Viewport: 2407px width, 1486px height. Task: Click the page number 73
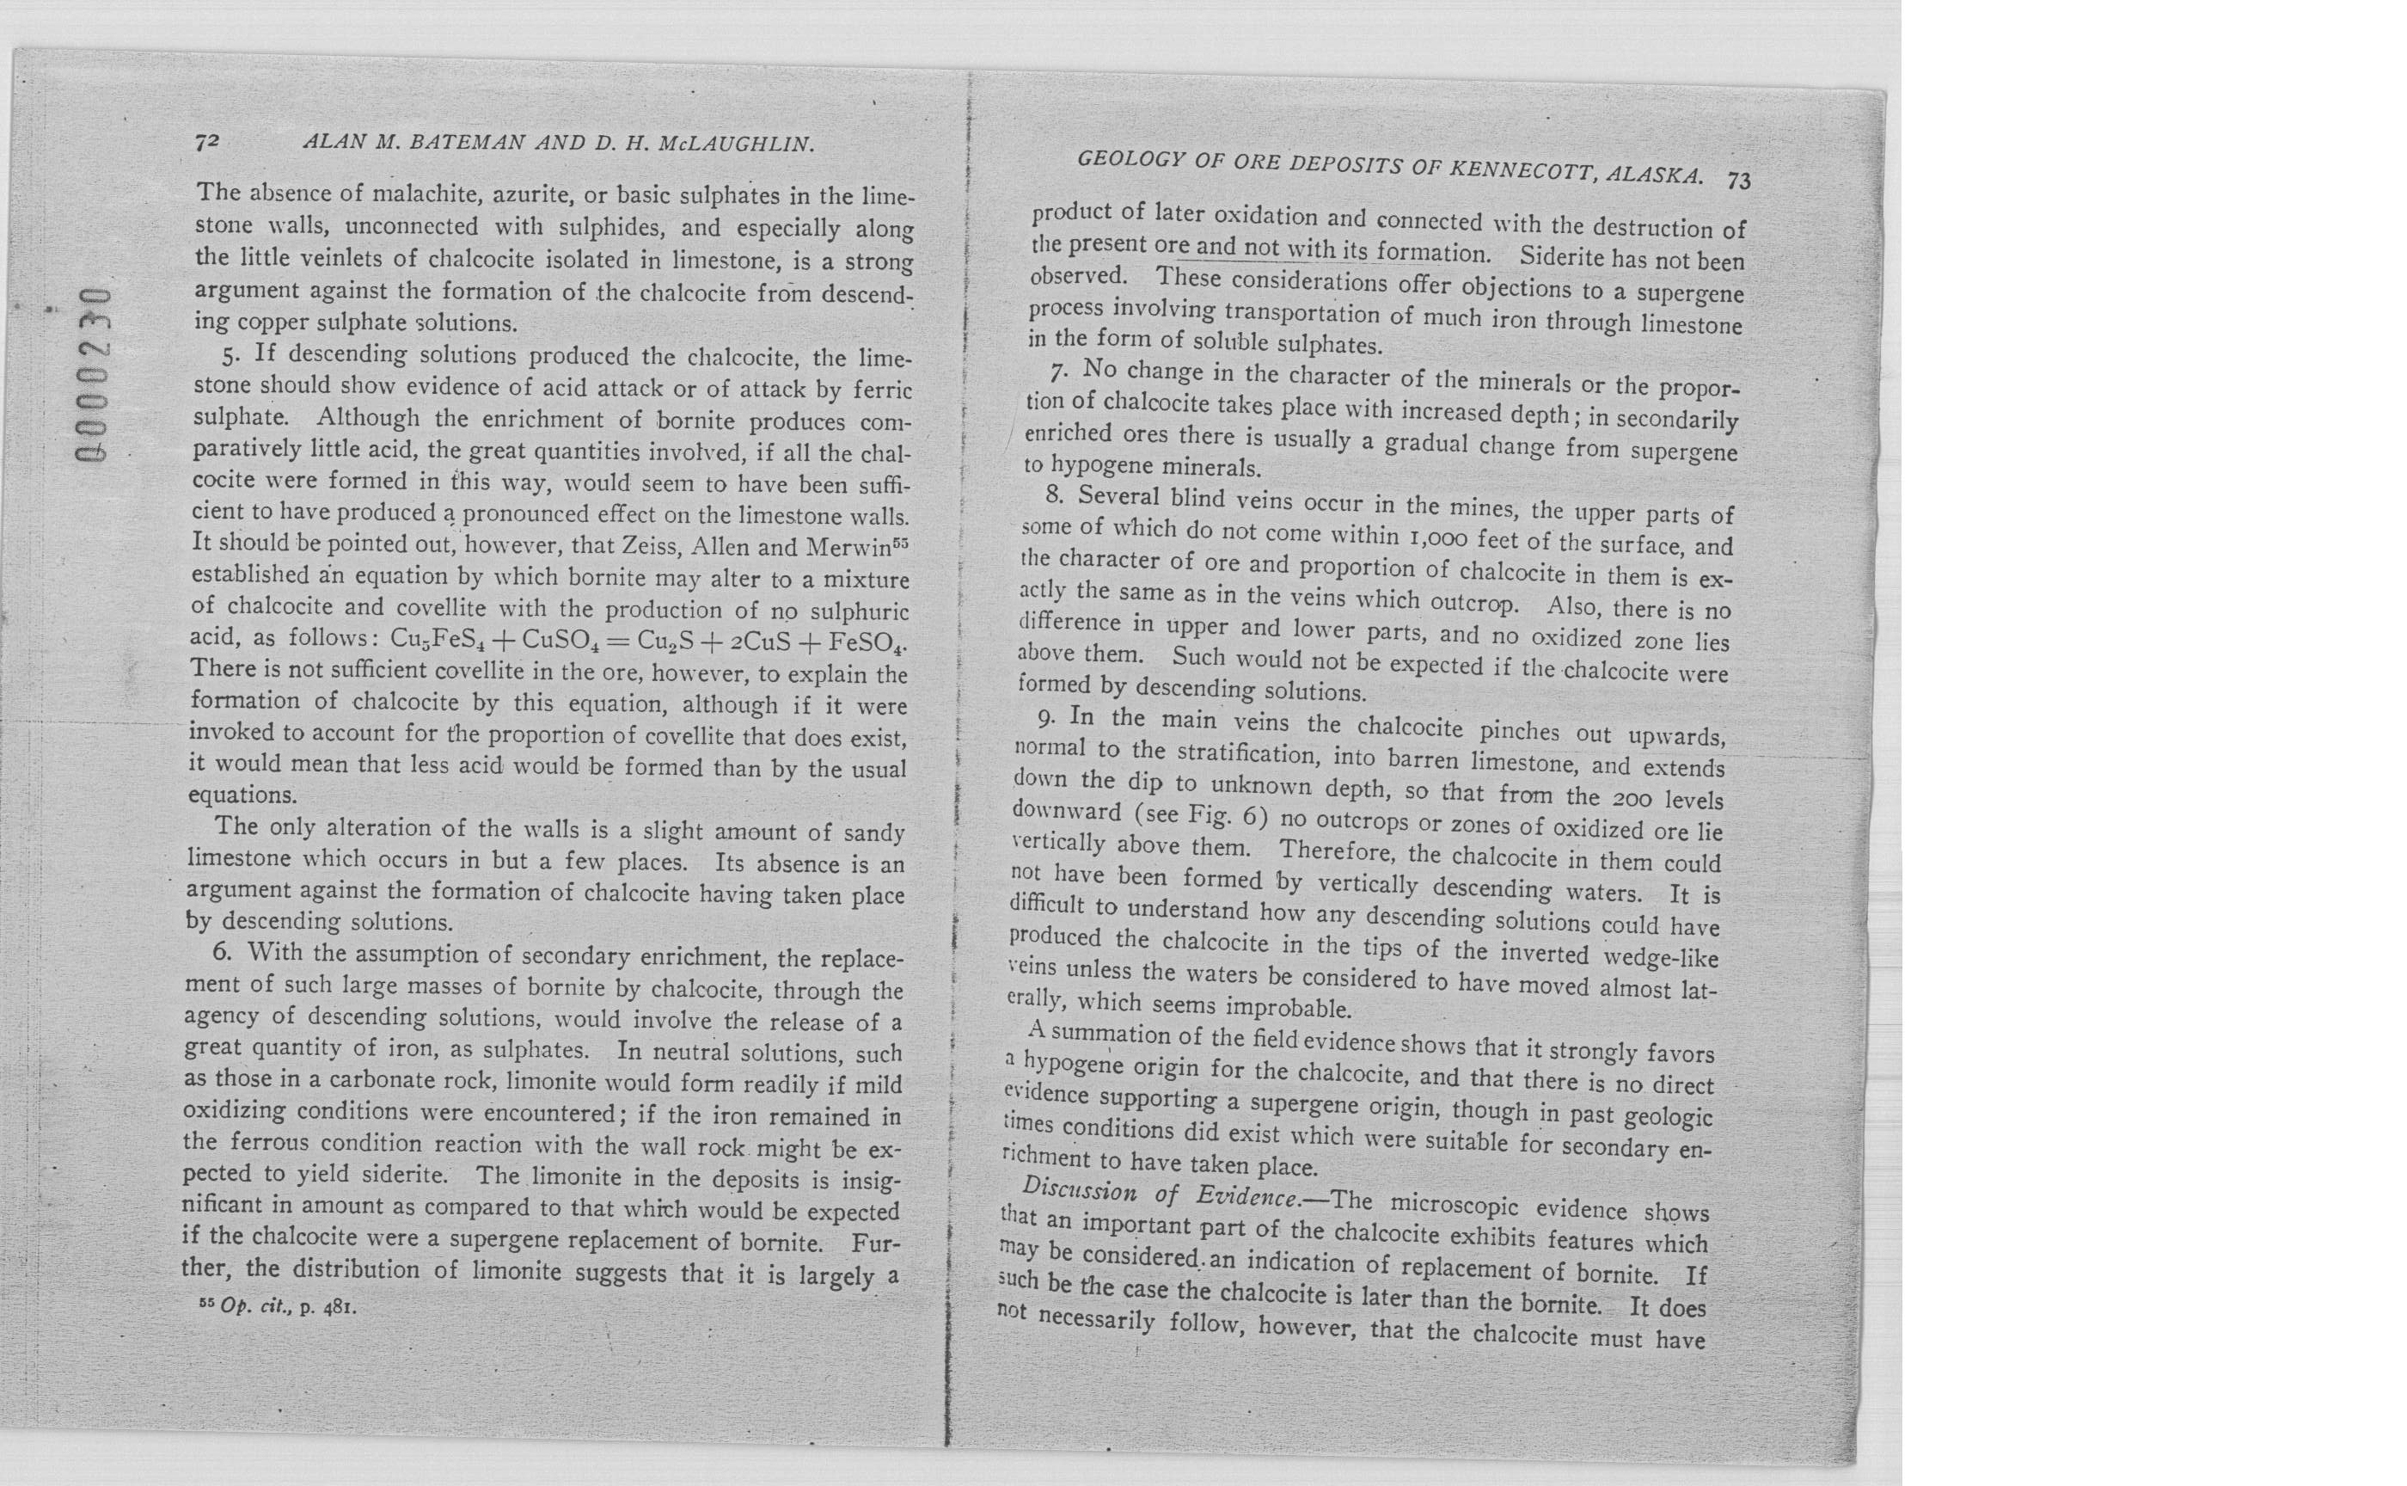click(1739, 181)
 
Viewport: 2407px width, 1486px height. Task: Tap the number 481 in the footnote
click(338, 1309)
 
